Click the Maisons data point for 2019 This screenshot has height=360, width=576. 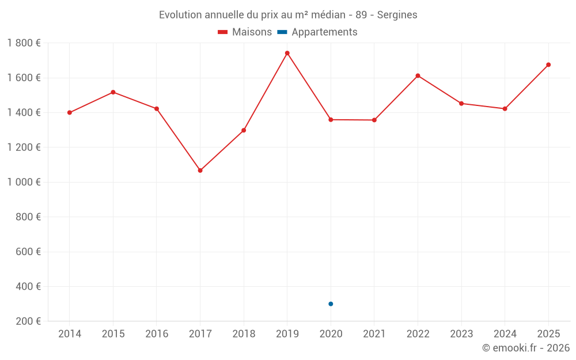click(x=287, y=53)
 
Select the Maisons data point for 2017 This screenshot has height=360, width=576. click(x=200, y=170)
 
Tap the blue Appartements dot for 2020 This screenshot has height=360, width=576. click(x=331, y=304)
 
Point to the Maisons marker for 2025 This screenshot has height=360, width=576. click(x=548, y=65)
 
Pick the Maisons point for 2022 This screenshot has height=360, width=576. click(x=418, y=76)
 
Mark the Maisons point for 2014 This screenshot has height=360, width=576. click(x=70, y=113)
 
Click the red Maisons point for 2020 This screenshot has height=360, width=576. click(x=331, y=120)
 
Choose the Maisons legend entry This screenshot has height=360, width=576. click(x=245, y=32)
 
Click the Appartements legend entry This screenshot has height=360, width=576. click(x=317, y=32)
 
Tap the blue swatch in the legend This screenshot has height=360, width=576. click(x=282, y=32)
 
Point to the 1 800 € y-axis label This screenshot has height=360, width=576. click(x=24, y=43)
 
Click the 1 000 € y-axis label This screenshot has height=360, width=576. click(x=24, y=182)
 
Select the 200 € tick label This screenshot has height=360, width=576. click(x=28, y=321)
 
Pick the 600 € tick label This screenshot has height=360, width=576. click(x=28, y=252)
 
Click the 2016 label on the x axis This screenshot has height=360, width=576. click(x=157, y=334)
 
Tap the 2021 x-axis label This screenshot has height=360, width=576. click(x=374, y=334)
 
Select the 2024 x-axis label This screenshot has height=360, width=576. click(x=505, y=334)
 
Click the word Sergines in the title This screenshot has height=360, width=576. click(x=397, y=15)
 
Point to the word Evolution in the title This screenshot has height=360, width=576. click(x=180, y=15)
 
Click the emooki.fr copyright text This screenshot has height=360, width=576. click(x=526, y=348)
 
